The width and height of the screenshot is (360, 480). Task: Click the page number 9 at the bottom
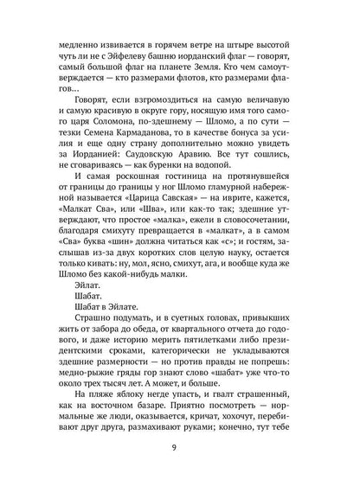(180, 447)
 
